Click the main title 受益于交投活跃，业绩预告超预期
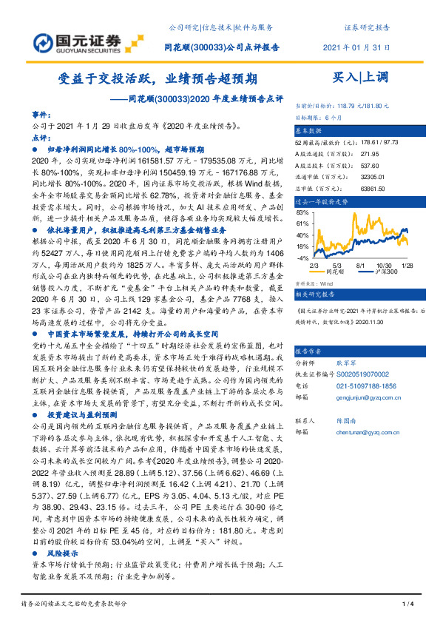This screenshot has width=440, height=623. tap(158, 78)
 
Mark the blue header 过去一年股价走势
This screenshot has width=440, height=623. tap(322, 201)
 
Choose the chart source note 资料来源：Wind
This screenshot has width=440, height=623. tap(314, 282)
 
